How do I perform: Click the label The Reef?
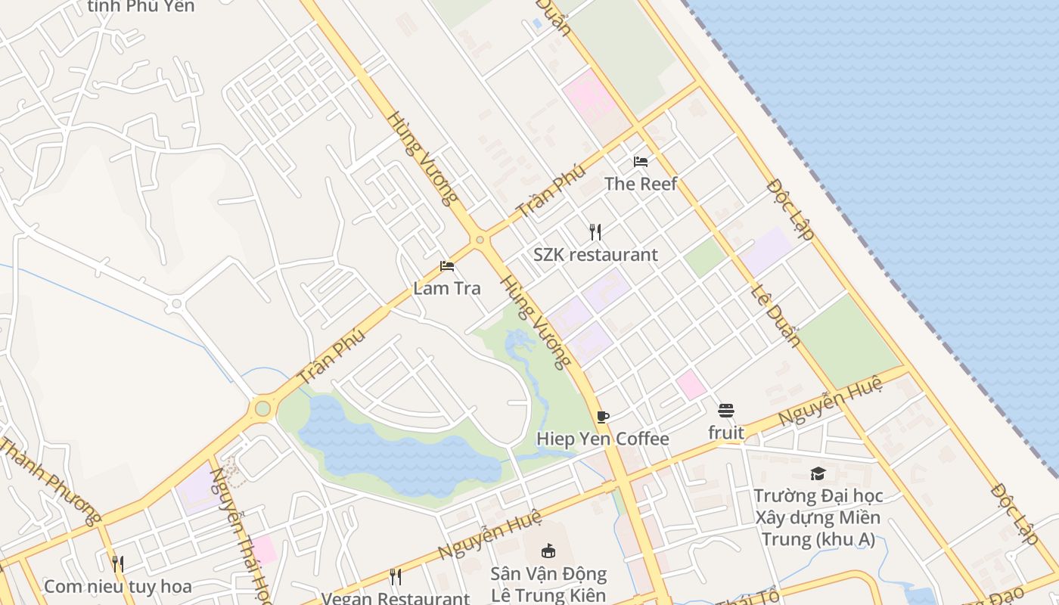pyautogui.click(x=640, y=184)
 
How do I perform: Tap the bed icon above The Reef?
pyautogui.click(x=641, y=162)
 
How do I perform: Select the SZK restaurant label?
pyautogui.click(x=595, y=255)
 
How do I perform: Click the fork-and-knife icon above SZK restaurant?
pyautogui.click(x=595, y=232)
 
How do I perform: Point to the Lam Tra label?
pyautogui.click(x=446, y=288)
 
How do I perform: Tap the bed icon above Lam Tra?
pyautogui.click(x=447, y=266)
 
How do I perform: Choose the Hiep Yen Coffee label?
pyautogui.click(x=602, y=439)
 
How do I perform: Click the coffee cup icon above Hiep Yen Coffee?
pyautogui.click(x=603, y=417)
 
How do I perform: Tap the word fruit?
pyautogui.click(x=726, y=433)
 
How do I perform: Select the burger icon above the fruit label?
pyautogui.click(x=726, y=411)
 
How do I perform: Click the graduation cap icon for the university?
pyautogui.click(x=818, y=474)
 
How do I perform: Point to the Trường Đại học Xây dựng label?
pyautogui.click(x=818, y=518)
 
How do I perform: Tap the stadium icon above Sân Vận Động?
pyautogui.click(x=548, y=551)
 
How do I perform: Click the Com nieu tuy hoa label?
pyautogui.click(x=117, y=587)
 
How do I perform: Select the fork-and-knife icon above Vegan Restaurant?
pyautogui.click(x=396, y=577)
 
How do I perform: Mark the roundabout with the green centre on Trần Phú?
pyautogui.click(x=262, y=408)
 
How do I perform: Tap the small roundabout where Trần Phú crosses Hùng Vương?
pyautogui.click(x=480, y=240)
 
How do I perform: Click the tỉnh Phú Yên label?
pyautogui.click(x=141, y=7)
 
